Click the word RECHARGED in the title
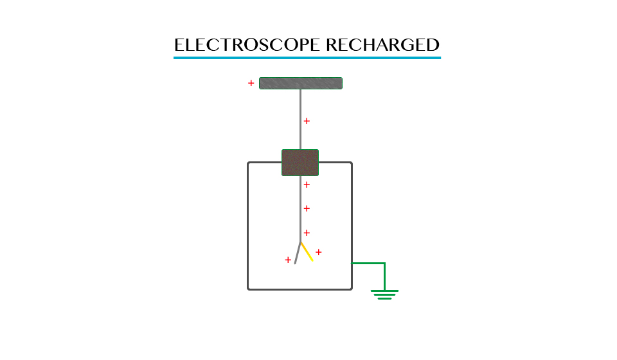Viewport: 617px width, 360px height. pos(382,45)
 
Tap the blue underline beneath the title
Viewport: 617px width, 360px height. pos(307,58)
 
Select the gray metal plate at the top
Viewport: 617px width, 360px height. pos(300,83)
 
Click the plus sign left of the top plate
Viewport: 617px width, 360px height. pos(251,83)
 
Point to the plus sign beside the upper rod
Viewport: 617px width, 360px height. pos(307,121)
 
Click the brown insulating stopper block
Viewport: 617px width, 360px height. pos(300,163)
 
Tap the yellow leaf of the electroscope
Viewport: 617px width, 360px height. pos(307,251)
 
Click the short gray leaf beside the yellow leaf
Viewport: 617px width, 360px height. pos(297,253)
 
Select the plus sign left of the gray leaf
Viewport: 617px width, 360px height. pos(288,260)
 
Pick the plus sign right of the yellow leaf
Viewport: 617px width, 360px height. pos(318,252)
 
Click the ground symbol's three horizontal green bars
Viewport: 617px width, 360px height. pos(384,294)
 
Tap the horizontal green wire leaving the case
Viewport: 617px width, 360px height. pos(368,263)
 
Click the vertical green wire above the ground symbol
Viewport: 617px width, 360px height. pos(384,276)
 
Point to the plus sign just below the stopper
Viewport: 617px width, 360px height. pos(307,185)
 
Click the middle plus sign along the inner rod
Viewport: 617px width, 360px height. pos(307,208)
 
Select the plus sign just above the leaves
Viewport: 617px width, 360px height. pos(307,233)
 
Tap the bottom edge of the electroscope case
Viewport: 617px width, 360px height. pos(300,289)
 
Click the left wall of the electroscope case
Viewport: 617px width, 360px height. pos(248,225)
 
